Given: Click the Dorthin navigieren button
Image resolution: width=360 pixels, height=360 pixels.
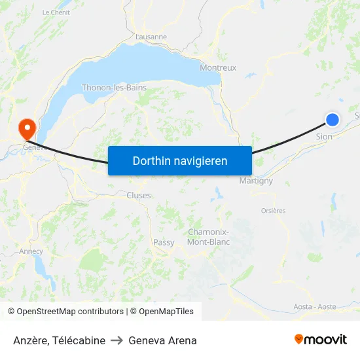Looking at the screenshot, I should pos(179,160).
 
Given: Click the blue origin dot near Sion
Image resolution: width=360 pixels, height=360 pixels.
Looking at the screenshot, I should pos(333,119).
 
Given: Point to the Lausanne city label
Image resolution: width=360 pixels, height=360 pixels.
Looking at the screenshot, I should pos(151,37).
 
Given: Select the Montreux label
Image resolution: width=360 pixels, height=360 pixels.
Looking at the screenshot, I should pos(218,67).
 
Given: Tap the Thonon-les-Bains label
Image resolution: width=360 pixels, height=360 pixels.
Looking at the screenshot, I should pos(114,88).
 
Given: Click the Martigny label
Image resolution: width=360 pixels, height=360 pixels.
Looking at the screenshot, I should pos(256,181).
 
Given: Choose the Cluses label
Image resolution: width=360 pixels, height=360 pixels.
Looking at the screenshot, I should pos(138,195).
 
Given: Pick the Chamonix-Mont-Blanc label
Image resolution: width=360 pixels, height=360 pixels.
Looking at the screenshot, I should pos(208,237).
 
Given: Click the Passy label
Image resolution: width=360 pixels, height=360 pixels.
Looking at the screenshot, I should pos(164,242).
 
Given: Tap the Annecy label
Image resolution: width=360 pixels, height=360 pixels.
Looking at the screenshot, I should pos(31,251).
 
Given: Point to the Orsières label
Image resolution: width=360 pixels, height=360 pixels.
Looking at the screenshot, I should pos(273,211).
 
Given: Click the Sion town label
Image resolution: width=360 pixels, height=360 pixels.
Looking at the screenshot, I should pos(324,137).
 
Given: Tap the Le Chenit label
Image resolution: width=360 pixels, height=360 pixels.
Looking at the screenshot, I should pos(56,12).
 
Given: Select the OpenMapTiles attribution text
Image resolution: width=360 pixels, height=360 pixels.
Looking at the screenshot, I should pos(166,312).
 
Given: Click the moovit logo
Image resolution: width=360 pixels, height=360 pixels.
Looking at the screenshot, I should pos(320,339).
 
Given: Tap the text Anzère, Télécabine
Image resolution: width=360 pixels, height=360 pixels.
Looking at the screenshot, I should pos(59,340).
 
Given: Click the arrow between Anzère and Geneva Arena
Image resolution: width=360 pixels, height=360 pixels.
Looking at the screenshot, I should pos(117,340).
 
